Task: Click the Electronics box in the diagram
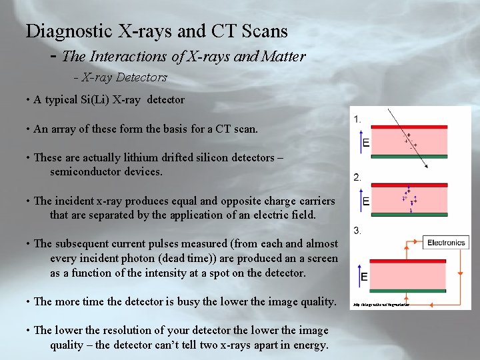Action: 446,243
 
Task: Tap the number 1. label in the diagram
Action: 358,119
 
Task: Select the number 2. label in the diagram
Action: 358,177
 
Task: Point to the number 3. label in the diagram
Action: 358,231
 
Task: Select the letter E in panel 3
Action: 365,277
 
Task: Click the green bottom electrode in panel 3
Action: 400,290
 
